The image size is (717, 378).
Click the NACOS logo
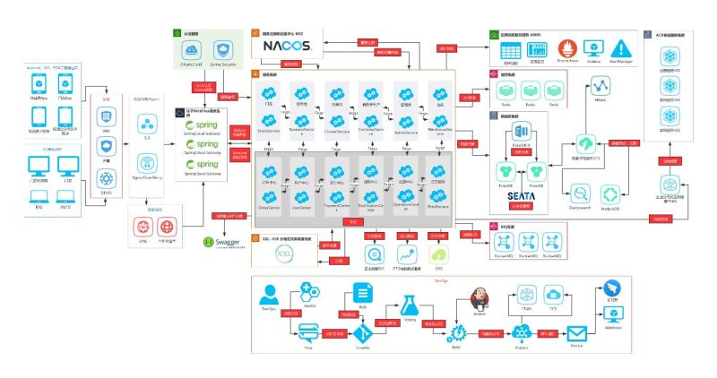pyautogui.click(x=287, y=46)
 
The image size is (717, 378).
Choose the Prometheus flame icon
pyautogui.click(x=566, y=49)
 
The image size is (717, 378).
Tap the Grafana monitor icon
pyautogui.click(x=592, y=49)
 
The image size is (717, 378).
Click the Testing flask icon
pyautogui.click(x=410, y=305)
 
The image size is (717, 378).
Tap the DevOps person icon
pyautogui.click(x=268, y=294)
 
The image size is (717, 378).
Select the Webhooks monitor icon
pyautogui.click(x=615, y=314)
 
